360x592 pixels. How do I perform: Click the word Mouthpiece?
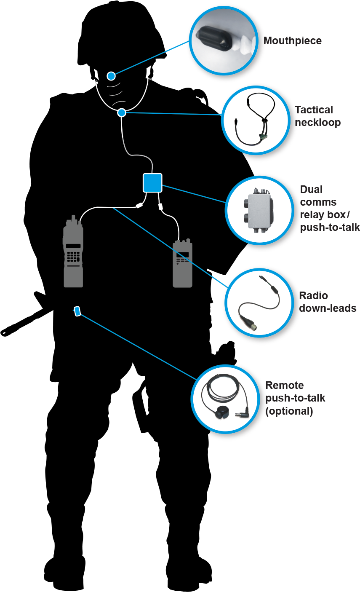[293, 41]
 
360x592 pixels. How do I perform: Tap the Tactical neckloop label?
[317, 116]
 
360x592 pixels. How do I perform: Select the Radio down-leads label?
[328, 302]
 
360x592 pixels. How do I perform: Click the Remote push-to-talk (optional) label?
[295, 398]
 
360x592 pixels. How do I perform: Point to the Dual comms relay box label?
[329, 209]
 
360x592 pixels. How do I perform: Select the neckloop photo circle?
[256, 120]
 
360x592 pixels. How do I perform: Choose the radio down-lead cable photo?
[259, 302]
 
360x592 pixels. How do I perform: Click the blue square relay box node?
[152, 183]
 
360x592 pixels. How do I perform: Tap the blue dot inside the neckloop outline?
[111, 76]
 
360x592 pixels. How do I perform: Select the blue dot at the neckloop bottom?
[122, 113]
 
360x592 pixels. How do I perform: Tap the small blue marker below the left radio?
[77, 311]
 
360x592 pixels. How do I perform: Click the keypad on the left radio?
[73, 256]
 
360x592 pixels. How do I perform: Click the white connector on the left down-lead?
[138, 206]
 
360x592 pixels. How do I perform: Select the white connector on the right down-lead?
[160, 207]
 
